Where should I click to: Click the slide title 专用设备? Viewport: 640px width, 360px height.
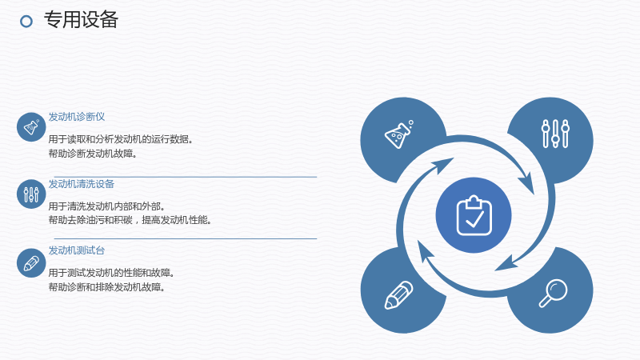click(x=81, y=19)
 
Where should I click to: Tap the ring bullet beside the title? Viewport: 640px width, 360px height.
click(x=26, y=22)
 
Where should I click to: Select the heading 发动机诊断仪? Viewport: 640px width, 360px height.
click(x=77, y=117)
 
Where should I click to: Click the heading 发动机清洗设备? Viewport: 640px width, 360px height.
click(x=82, y=184)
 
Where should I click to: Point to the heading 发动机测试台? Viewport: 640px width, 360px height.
click(x=77, y=250)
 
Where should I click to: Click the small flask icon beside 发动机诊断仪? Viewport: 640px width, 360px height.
click(x=31, y=127)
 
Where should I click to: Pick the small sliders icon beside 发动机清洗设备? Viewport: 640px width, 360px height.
click(x=31, y=194)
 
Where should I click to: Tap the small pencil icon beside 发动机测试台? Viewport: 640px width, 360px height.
click(x=31, y=263)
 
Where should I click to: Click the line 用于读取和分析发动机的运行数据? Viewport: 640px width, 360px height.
click(x=121, y=139)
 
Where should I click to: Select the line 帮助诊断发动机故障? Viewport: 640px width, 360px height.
click(x=93, y=154)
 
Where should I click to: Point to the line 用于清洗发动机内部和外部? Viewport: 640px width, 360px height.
click(x=106, y=206)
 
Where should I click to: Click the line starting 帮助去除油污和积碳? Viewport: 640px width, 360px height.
click(x=130, y=220)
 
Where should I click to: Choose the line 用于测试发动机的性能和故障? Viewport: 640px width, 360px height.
click(x=111, y=273)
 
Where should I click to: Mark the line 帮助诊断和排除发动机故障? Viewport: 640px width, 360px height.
click(x=106, y=287)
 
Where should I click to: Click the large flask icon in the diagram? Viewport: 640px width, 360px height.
click(x=398, y=134)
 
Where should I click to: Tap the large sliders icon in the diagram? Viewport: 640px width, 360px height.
click(x=555, y=134)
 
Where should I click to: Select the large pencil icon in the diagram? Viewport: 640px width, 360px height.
click(x=398, y=294)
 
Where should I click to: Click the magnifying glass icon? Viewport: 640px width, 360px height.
click(x=553, y=293)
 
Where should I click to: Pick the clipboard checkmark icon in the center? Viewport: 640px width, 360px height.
click(x=474, y=215)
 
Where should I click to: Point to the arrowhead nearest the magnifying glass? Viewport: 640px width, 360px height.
click(x=507, y=264)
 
